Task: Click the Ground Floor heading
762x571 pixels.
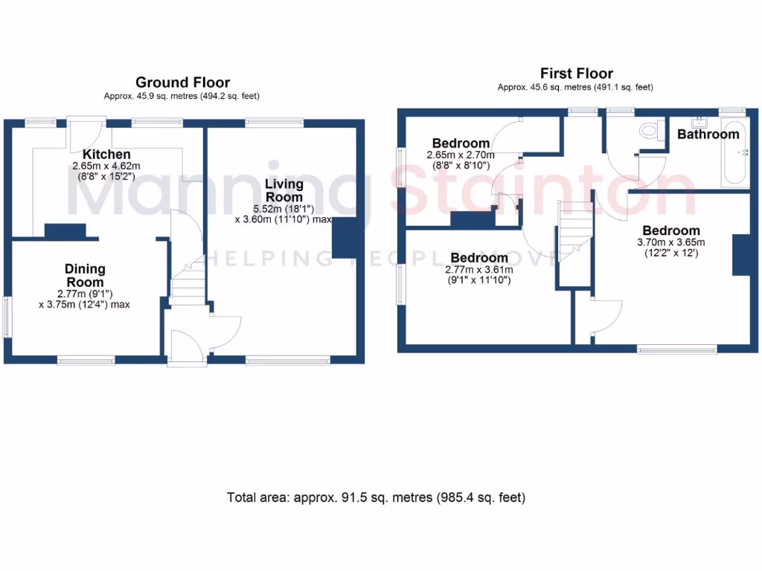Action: point(182,83)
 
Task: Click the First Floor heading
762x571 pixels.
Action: point(576,73)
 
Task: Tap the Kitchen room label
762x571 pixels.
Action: point(112,154)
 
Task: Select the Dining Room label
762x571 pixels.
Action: point(85,275)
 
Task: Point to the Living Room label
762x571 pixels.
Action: point(285,190)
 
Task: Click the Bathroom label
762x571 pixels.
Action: point(708,135)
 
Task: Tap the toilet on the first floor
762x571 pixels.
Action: point(650,131)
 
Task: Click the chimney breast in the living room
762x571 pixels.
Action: point(343,238)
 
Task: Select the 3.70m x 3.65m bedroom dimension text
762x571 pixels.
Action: point(671,242)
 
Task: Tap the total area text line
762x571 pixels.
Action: point(376,497)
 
